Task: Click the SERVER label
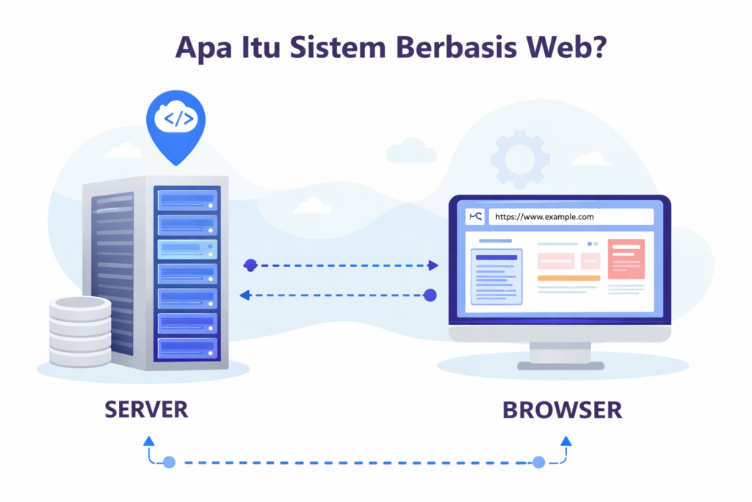coord(145,409)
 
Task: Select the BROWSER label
coord(562,409)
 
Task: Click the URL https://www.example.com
coord(544,217)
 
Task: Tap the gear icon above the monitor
coord(520,159)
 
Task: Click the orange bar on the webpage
coord(568,278)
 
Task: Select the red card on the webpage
coord(626,259)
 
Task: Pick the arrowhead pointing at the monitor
coord(433,265)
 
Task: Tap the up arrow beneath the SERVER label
coord(149,441)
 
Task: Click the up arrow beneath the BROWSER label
coord(565,441)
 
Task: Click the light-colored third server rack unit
coord(187,248)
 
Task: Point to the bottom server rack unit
coord(187,346)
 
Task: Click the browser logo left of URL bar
coord(476,217)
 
